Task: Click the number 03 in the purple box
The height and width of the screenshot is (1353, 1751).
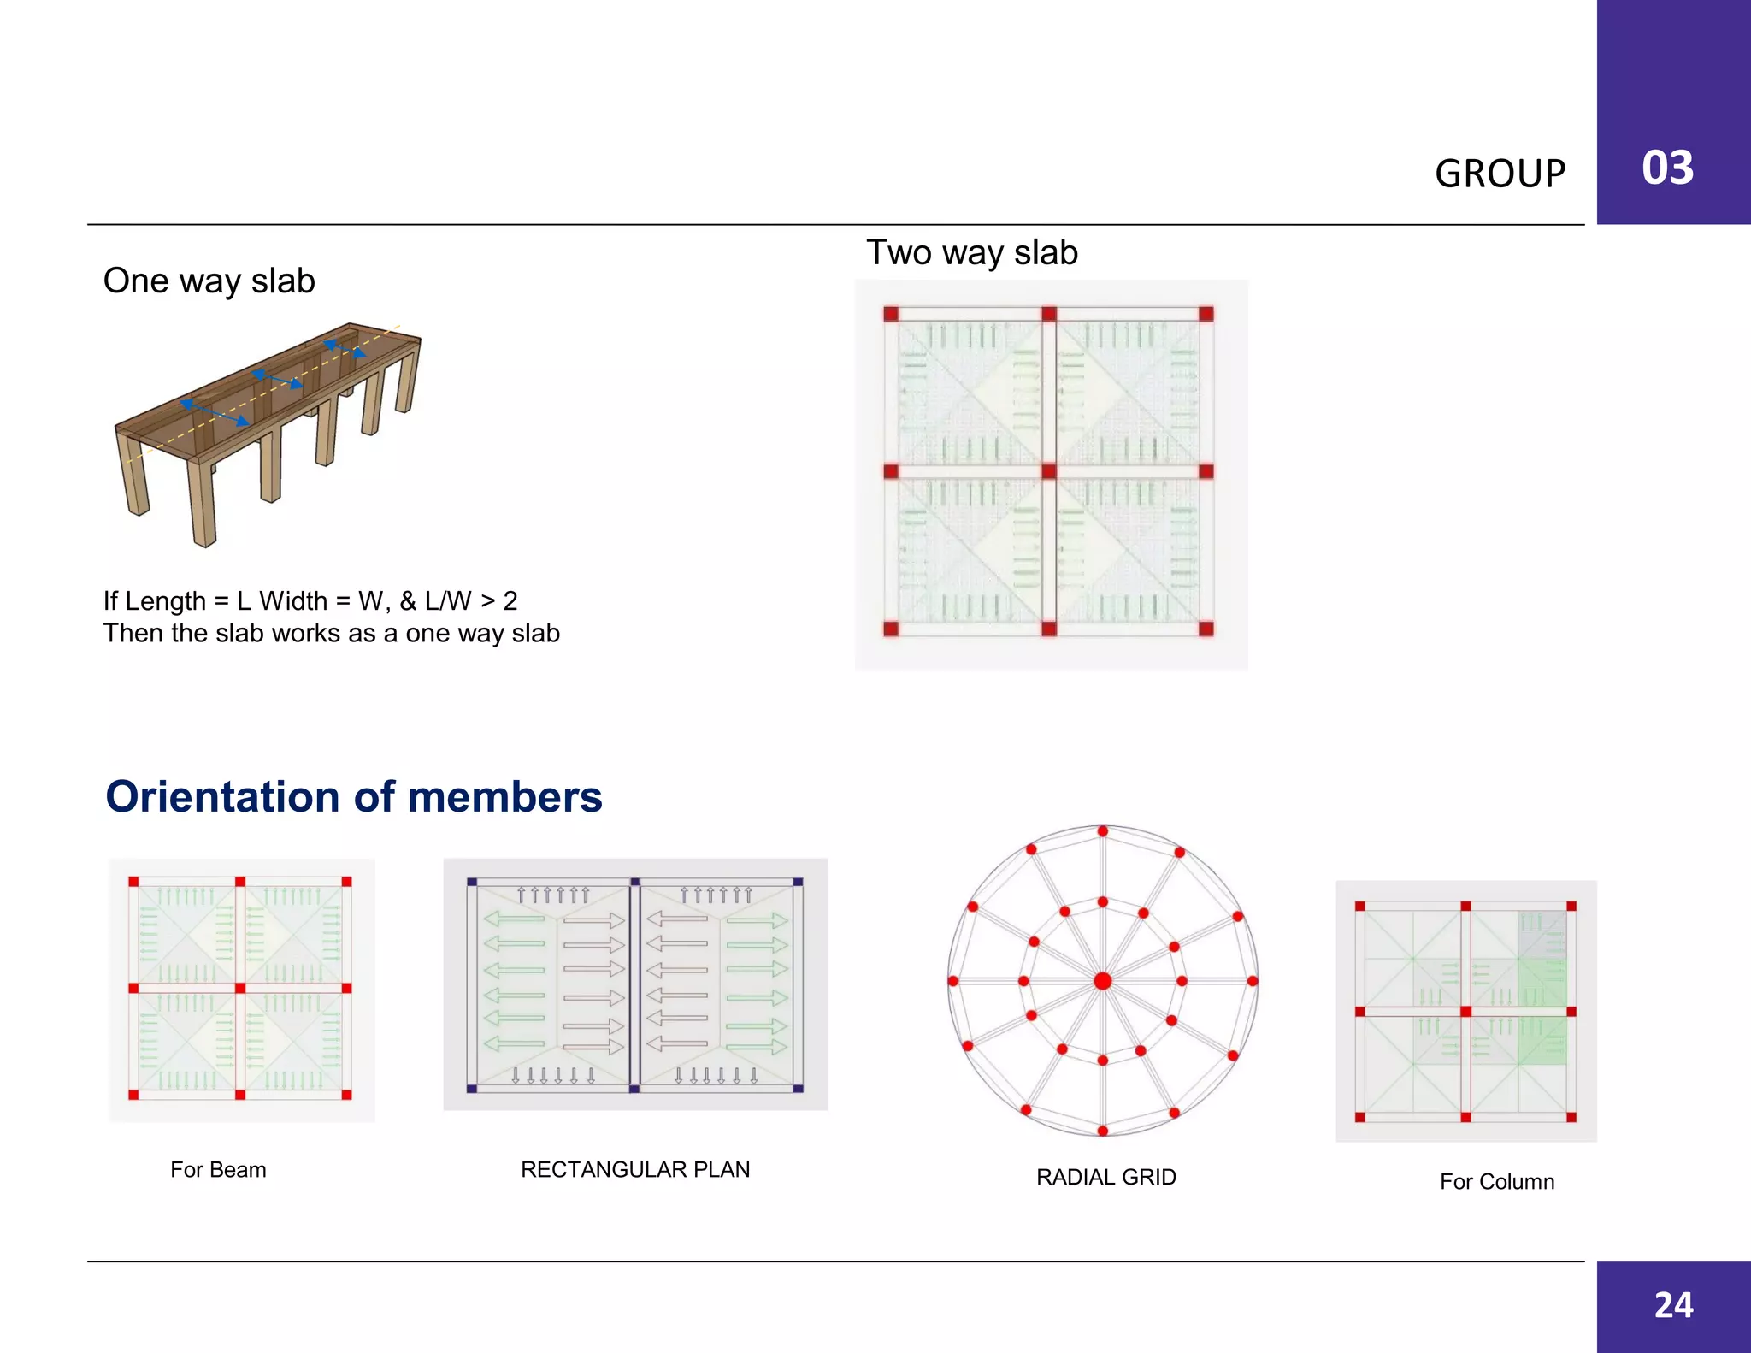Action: tap(1667, 168)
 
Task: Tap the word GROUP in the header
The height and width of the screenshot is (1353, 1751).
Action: tap(1500, 174)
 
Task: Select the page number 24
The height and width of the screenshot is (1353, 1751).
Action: tap(1673, 1305)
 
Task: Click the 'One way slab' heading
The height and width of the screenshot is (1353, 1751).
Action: tap(209, 281)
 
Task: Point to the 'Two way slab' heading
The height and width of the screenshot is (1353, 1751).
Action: tap(972, 252)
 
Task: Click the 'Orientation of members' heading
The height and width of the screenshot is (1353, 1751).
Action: tap(353, 796)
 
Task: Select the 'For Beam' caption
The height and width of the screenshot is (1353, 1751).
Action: tap(218, 1169)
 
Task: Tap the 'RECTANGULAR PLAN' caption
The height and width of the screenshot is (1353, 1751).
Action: tap(635, 1169)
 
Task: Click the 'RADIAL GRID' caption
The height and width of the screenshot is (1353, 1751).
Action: tap(1105, 1177)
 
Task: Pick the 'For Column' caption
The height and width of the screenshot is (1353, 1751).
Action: tap(1496, 1181)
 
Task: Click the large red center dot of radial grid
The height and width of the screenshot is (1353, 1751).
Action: tap(1103, 981)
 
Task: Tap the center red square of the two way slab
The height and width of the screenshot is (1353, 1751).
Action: tap(1049, 471)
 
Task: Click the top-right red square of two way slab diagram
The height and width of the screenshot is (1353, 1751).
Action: tap(1206, 314)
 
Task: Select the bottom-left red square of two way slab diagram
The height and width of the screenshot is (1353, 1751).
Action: tap(891, 629)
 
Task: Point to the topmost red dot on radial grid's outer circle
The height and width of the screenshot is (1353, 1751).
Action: tap(1103, 831)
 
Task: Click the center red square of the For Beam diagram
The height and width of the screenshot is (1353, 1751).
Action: tap(240, 989)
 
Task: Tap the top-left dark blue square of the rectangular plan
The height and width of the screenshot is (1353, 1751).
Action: tap(472, 883)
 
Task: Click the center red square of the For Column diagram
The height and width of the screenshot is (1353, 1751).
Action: tap(1465, 1012)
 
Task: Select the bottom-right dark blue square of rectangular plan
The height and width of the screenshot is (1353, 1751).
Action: tap(798, 1088)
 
